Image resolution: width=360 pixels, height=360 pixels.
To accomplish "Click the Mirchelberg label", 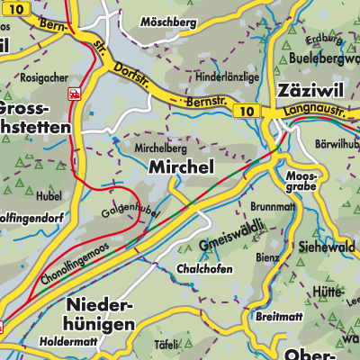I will pyautogui.click(x=161, y=145).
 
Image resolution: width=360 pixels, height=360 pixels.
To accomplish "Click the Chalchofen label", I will pyautogui.click(x=204, y=269).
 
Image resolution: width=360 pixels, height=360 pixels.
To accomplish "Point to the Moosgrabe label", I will pyautogui.click(x=301, y=182).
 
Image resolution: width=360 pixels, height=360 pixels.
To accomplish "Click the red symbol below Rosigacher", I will pyautogui.click(x=74, y=93).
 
